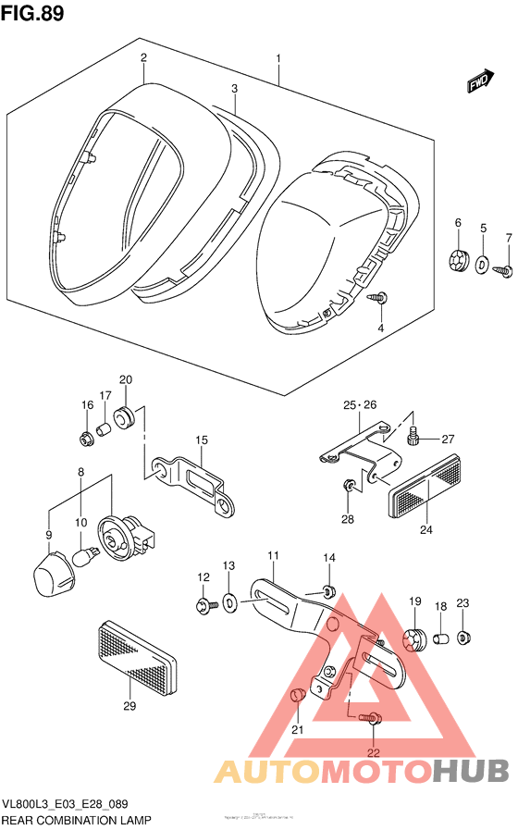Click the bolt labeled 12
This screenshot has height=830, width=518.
203,606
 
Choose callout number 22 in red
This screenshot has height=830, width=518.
373,753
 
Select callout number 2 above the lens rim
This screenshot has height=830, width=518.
144,57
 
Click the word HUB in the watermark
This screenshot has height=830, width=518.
470,770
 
